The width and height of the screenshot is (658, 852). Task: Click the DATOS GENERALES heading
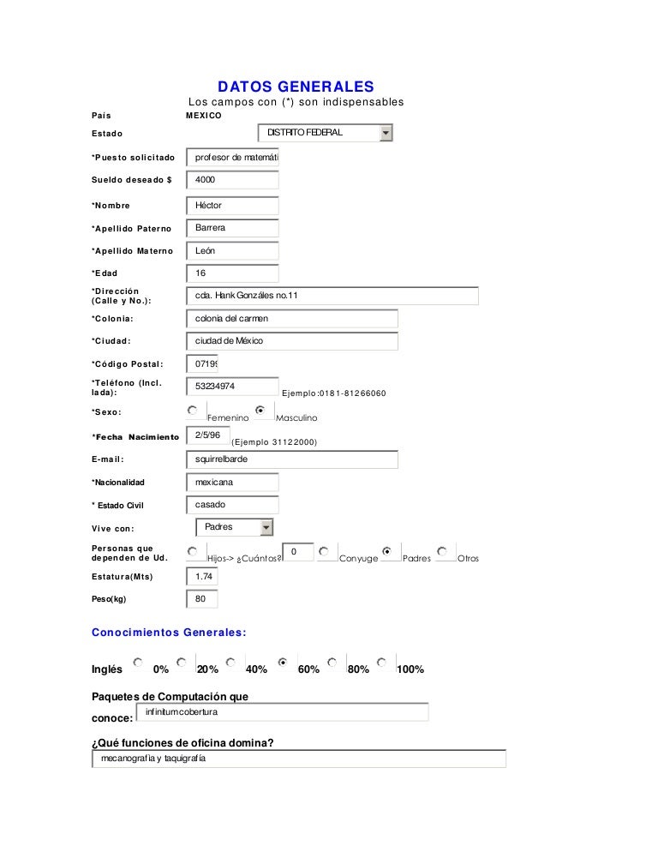[296, 87]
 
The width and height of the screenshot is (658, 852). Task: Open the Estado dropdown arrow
[386, 133]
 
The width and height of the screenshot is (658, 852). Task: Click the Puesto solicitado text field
[232, 158]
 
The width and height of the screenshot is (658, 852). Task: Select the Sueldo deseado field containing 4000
[232, 180]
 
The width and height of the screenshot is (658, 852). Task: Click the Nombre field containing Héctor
[232, 206]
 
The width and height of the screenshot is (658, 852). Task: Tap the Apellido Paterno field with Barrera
[232, 228]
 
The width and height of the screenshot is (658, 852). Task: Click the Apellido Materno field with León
[232, 251]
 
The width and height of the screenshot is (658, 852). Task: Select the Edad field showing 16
[232, 273]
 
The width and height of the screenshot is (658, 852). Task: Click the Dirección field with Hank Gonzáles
[332, 296]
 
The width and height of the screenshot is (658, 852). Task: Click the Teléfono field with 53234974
[232, 387]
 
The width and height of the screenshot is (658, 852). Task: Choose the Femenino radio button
[193, 411]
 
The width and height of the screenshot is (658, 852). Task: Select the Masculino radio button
[260, 411]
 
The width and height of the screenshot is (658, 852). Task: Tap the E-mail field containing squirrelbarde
[292, 459]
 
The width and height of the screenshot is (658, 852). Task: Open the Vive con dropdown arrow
[266, 527]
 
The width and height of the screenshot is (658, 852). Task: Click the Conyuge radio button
[323, 551]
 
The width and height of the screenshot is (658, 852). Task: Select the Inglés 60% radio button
[283, 663]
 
